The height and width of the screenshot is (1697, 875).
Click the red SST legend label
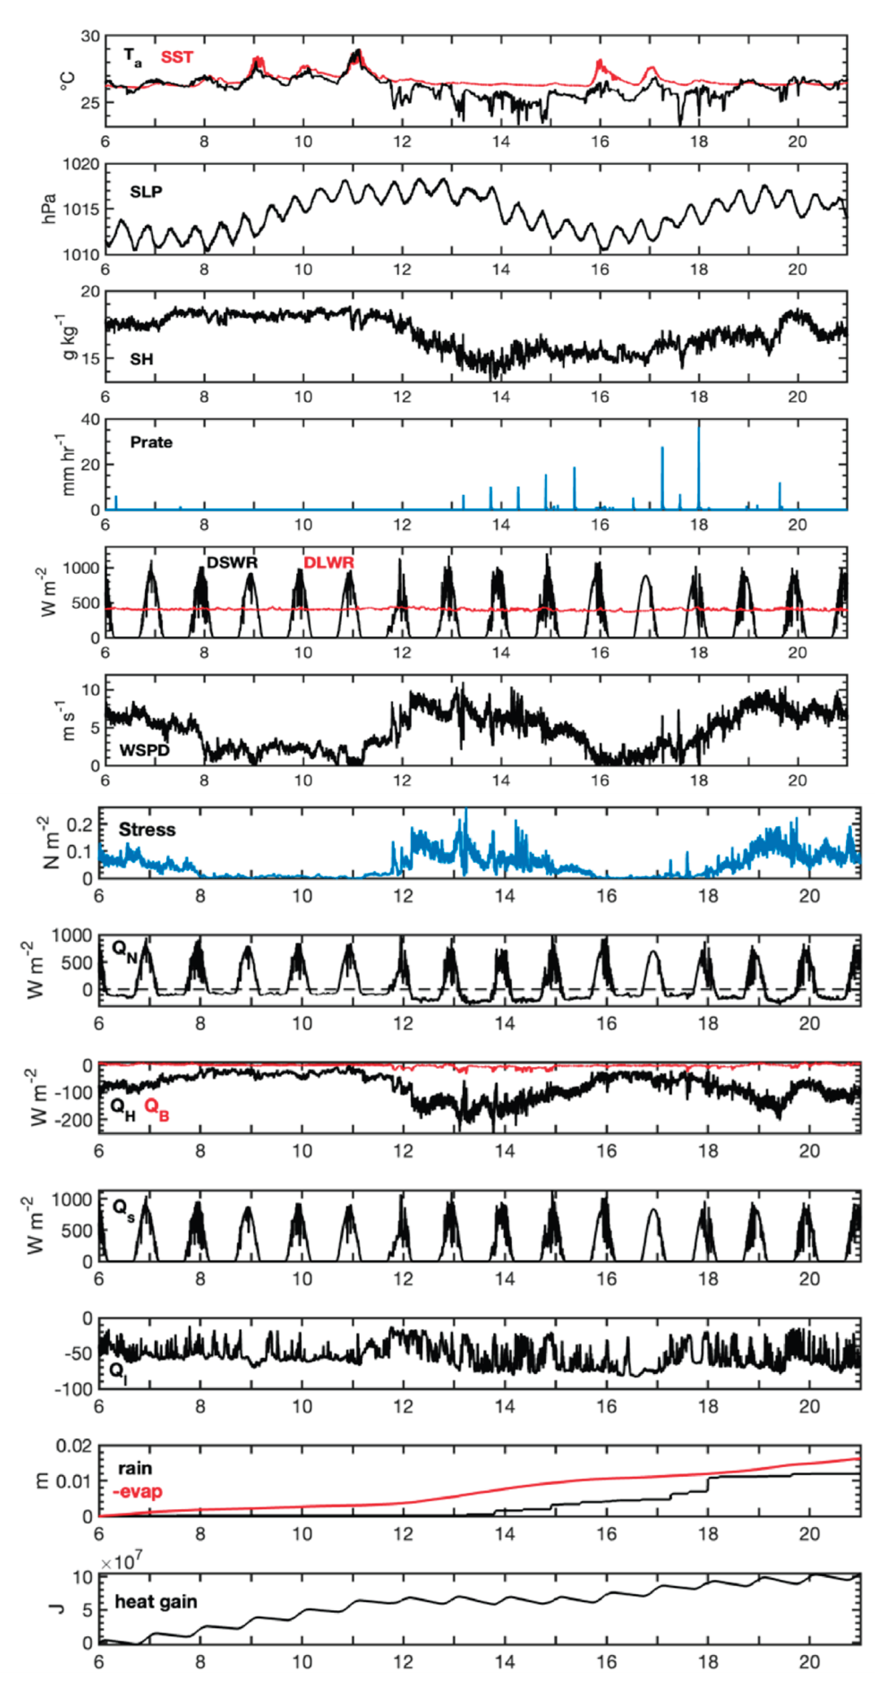coord(177,57)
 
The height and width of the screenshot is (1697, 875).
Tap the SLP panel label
coord(145,192)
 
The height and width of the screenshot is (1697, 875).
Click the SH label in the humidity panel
coord(142,359)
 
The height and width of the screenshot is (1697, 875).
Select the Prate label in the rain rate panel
coord(151,442)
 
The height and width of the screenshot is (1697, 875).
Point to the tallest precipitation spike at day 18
coord(698,435)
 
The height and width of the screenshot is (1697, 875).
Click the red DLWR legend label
coord(328,563)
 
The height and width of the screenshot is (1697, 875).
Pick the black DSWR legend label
coord(232,563)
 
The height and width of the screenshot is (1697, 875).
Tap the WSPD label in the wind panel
coord(144,750)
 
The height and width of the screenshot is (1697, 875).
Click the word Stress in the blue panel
coord(147,829)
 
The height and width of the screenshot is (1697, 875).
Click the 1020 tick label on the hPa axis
coord(81,164)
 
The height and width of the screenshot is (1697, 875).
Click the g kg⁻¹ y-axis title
coord(68,336)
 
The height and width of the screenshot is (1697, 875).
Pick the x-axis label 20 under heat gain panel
coord(809,1662)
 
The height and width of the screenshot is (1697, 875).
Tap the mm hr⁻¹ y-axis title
coord(68,465)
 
